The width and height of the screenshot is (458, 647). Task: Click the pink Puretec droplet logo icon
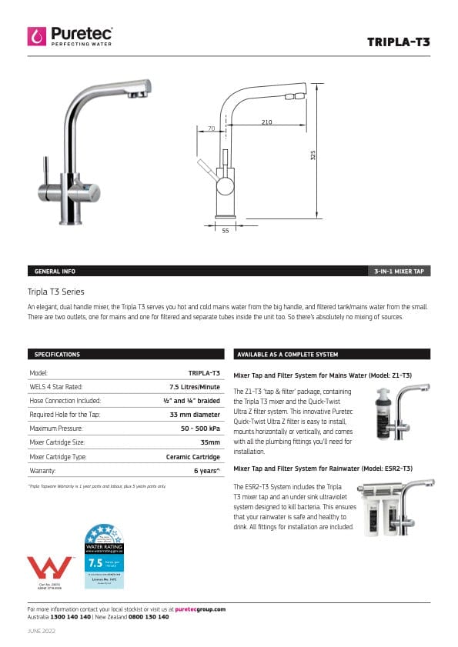(36, 35)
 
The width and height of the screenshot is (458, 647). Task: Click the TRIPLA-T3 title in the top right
(398, 42)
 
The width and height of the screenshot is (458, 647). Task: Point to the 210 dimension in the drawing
(266, 122)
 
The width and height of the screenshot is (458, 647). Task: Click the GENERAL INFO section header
(55, 272)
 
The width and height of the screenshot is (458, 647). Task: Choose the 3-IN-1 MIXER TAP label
(399, 272)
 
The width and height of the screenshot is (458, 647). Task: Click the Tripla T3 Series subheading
(55, 292)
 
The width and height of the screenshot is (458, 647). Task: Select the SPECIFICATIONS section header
(57, 355)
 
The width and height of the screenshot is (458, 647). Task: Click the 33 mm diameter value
(195, 414)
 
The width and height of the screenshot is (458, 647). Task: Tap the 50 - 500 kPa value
(196, 428)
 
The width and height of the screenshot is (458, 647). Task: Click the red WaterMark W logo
(49, 568)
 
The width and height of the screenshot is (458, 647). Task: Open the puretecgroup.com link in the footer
(200, 609)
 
